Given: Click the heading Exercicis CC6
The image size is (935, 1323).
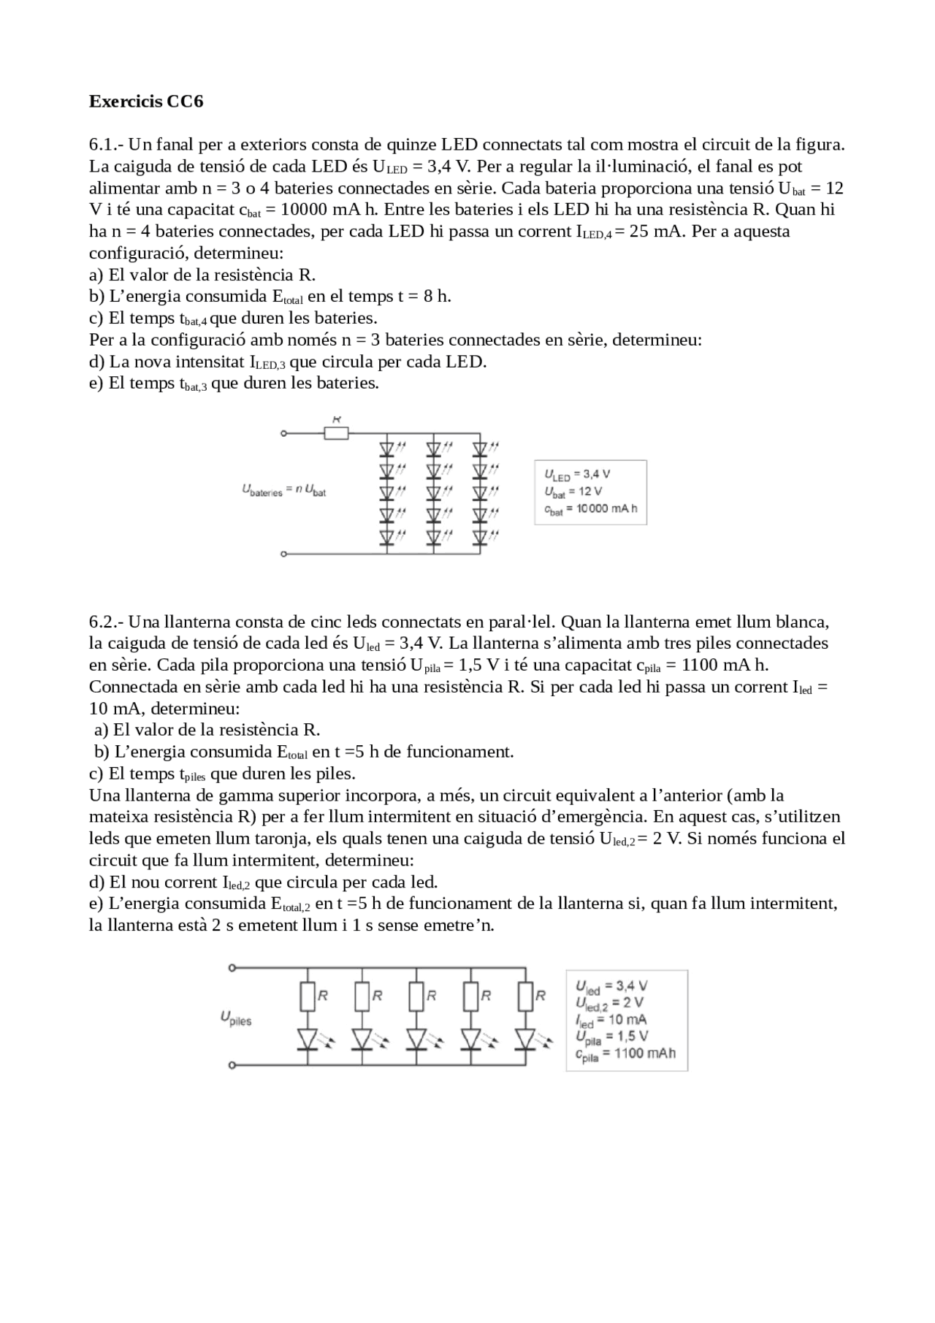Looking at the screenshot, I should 146,102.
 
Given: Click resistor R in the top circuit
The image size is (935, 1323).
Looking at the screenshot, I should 336,433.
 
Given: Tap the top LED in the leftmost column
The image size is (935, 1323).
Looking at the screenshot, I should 387,447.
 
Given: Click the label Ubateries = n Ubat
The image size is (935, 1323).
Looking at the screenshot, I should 284,490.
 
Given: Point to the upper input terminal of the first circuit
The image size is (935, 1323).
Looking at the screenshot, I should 283,433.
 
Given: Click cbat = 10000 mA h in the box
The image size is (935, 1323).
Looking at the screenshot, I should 591,509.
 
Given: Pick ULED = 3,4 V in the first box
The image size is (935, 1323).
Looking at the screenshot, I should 578,475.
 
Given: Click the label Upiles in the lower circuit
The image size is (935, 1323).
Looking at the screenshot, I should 235,1018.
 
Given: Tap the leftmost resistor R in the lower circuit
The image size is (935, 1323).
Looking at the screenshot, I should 308,996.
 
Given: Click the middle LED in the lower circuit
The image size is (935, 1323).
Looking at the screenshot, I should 416,1038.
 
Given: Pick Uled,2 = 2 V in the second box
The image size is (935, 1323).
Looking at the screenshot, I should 609,1002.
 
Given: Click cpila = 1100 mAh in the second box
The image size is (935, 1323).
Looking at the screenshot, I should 625,1053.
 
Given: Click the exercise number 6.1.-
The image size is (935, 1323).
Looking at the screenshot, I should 107,145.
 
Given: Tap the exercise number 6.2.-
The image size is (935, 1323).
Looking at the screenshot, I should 107,622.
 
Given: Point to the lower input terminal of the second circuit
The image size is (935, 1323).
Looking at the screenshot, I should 232,1065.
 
